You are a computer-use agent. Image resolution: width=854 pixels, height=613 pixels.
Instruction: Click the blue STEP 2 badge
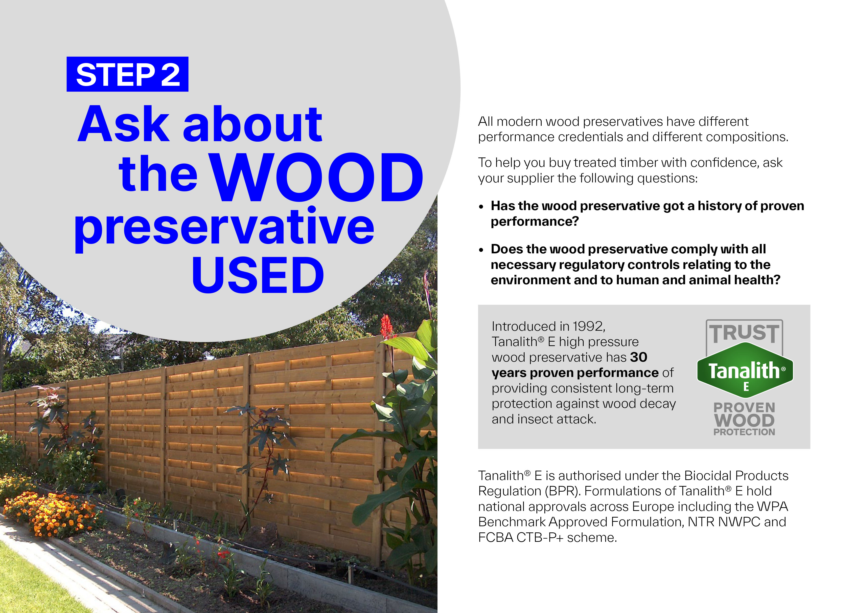[127, 74]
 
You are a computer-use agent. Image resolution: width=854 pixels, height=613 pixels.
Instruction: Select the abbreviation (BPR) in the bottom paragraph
[560, 491]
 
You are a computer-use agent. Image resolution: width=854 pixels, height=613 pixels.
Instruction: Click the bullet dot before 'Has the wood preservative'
[481, 207]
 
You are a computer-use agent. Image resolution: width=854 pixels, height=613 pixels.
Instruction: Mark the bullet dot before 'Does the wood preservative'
[481, 250]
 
